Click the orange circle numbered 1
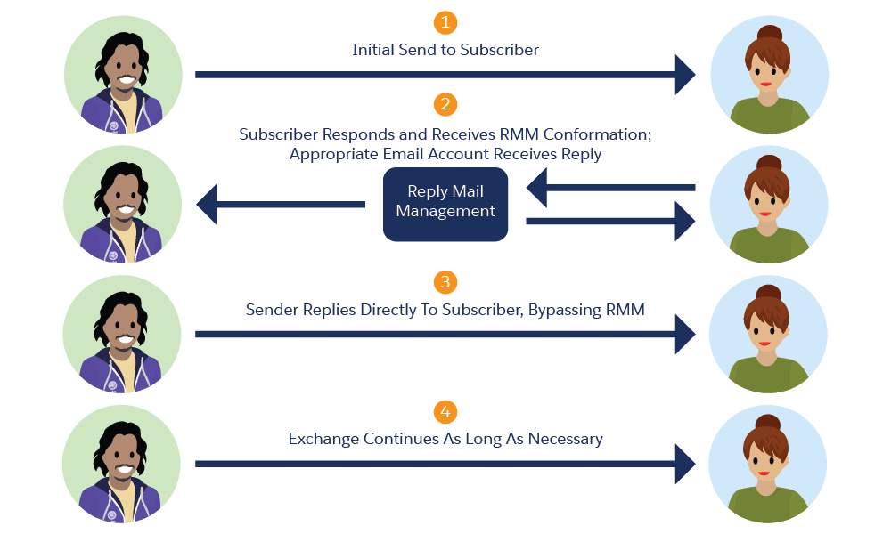coord(445,22)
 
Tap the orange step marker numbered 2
coord(445,105)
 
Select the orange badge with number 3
coord(445,282)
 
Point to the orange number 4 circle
coord(445,412)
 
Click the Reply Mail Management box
coord(445,204)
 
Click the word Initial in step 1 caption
coord(373,50)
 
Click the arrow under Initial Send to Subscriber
coord(445,75)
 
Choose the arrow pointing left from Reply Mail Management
coord(280,205)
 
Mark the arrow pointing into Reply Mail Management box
coord(610,188)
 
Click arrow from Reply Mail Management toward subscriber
coord(610,221)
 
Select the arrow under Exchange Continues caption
coord(445,464)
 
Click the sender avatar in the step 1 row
coord(123,75)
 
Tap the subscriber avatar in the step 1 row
coord(768,75)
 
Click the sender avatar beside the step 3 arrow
coord(123,335)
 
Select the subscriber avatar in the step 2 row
coord(768,205)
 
